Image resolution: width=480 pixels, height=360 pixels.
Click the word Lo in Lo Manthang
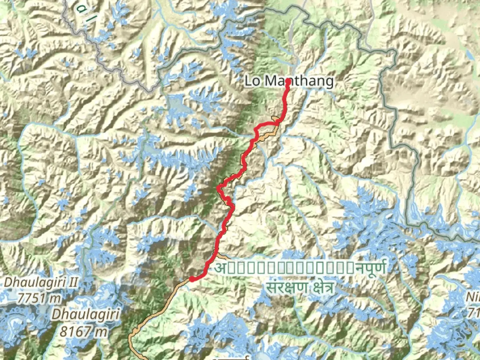point(252,81)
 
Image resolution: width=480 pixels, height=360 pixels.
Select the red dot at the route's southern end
point(192,279)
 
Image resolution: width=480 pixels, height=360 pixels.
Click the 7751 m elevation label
point(39,297)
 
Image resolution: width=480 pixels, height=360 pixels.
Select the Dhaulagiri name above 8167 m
point(86,314)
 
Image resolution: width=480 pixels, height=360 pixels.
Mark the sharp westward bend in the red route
point(219,189)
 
